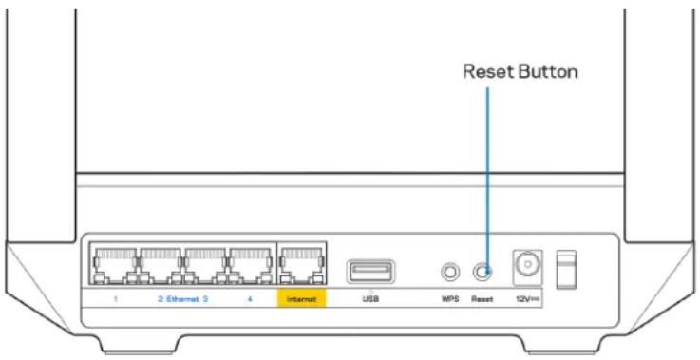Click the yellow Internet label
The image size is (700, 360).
[x=300, y=299]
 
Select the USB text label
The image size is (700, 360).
[x=370, y=299]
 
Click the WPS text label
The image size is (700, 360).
[x=448, y=299]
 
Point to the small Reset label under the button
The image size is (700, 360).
[x=481, y=299]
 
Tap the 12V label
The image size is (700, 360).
[x=525, y=299]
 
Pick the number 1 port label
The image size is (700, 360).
[x=115, y=299]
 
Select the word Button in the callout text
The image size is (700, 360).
[x=549, y=71]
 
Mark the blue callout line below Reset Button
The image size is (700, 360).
[x=487, y=171]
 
